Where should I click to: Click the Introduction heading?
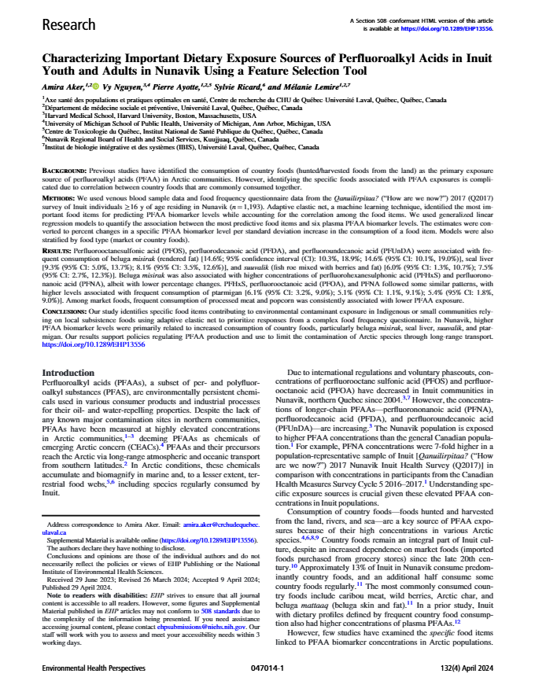(68, 373)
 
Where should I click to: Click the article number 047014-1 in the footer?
(267, 667)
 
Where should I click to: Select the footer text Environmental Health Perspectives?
(92, 667)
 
